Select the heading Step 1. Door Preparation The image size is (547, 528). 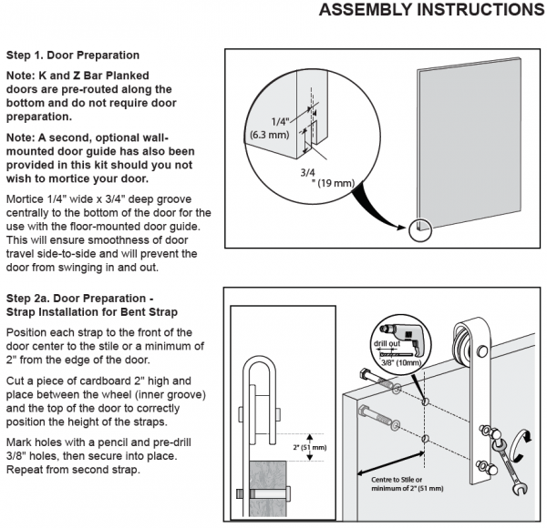(73, 55)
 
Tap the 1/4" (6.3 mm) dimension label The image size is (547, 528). (272, 127)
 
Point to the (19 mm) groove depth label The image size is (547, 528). (331, 183)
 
